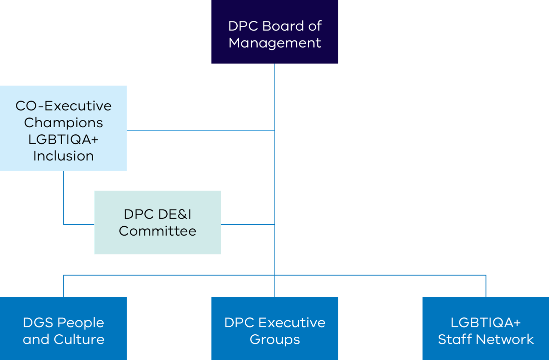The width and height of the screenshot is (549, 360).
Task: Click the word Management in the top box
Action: [274, 43]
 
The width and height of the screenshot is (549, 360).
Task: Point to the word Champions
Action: [64, 123]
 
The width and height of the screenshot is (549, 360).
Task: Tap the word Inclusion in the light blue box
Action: [64, 156]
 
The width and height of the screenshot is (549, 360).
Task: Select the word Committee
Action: [157, 231]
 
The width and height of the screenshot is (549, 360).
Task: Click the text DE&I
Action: [175, 214]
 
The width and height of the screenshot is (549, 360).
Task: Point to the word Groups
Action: [274, 339]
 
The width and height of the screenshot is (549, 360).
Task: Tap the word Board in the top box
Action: [283, 26]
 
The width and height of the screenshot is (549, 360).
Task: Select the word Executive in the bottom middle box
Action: [292, 322]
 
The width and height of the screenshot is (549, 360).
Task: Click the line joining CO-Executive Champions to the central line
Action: [200, 130]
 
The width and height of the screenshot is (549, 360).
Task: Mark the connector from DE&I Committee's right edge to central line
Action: [248, 224]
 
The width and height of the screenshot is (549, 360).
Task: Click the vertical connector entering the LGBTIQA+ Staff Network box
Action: [486, 286]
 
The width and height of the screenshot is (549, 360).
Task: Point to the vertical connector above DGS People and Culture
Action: [64, 286]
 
